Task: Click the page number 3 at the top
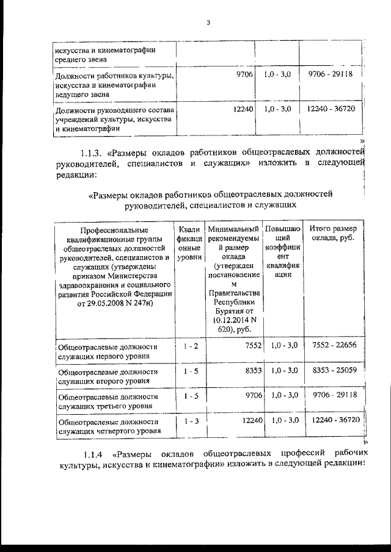pyautogui.click(x=208, y=23)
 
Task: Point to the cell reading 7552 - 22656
pyautogui.click(x=334, y=346)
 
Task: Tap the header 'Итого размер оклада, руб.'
pyautogui.click(x=334, y=232)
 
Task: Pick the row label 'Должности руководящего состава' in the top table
pyautogui.click(x=114, y=110)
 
